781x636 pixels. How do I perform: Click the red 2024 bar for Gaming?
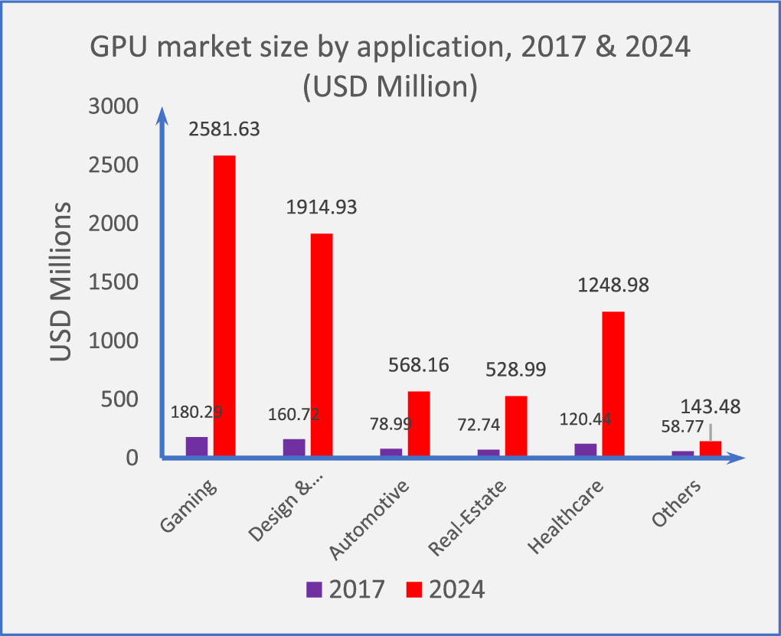click(x=224, y=306)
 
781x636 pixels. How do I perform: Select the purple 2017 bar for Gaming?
click(x=197, y=447)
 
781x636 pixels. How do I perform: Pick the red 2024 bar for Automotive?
click(x=419, y=424)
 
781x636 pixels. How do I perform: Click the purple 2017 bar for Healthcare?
click(x=586, y=450)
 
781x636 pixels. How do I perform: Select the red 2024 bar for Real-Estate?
click(x=516, y=426)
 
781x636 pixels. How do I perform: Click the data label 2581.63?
click(x=224, y=129)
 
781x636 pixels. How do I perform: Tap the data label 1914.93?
click(x=322, y=207)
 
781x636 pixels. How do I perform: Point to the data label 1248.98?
click(x=613, y=285)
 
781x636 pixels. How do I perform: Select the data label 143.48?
click(x=711, y=406)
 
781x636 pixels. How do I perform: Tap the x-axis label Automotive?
click(x=370, y=520)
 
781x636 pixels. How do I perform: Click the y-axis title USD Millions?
click(x=61, y=282)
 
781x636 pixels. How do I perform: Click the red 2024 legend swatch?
click(x=414, y=589)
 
